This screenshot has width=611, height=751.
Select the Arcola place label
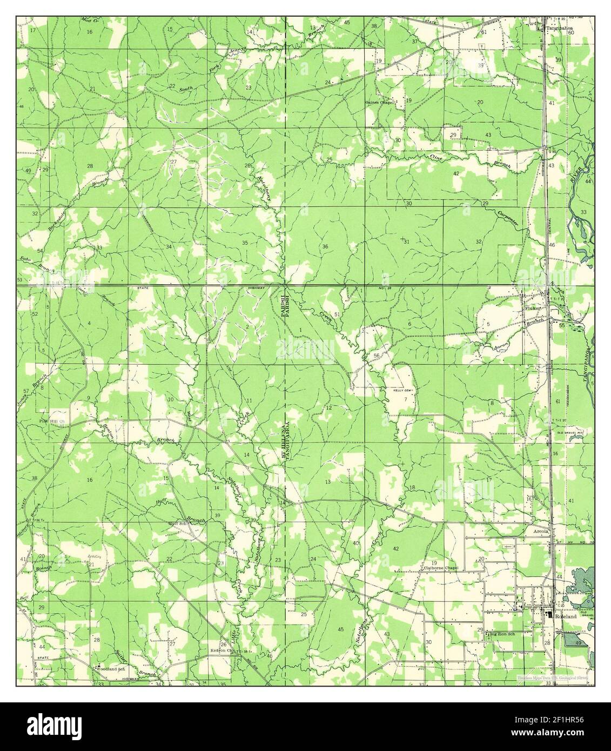pos(542,531)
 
